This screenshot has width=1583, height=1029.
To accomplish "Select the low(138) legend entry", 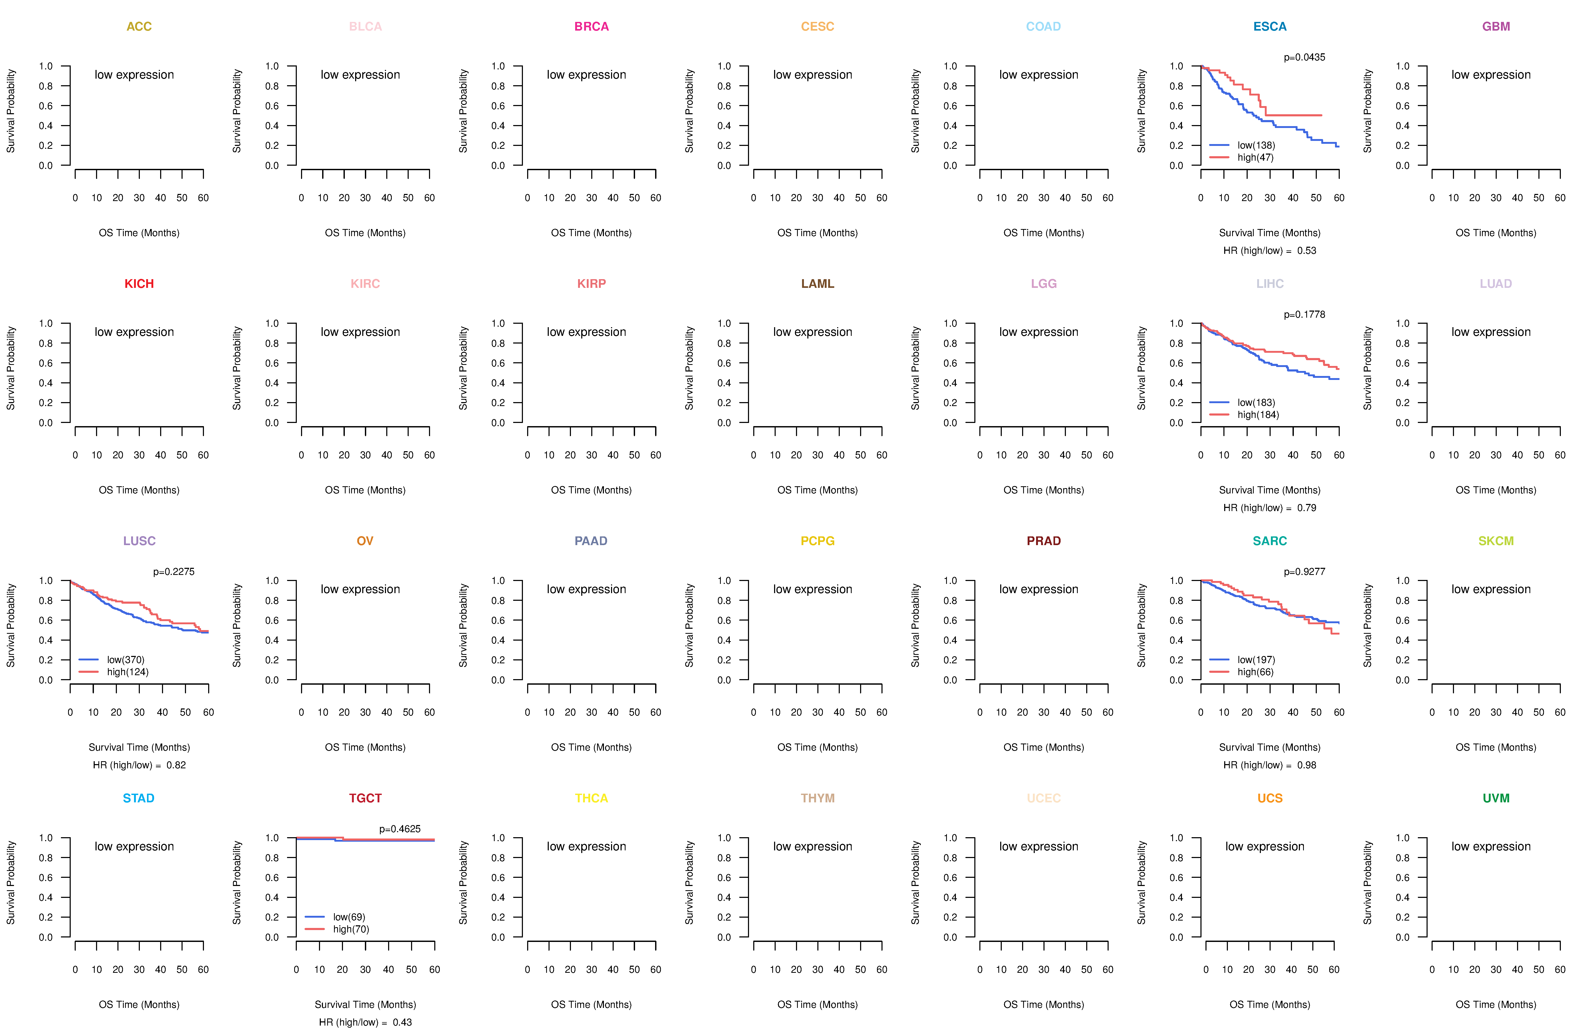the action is coord(1256,145).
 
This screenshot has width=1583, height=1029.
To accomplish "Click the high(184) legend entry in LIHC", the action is coord(1258,415).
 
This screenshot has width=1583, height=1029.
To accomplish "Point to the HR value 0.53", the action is coord(1306,251).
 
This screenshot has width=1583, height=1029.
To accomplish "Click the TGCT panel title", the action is coord(365,798).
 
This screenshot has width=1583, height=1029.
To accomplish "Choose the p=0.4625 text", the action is coord(400,829).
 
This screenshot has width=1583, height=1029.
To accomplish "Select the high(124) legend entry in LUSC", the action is coord(128,672).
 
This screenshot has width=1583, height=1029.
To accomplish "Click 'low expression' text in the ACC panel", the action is coord(134,74).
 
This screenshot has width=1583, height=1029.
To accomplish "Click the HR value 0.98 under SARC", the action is coord(1306,765).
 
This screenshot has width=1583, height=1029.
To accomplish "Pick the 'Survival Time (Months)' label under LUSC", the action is coord(139,747).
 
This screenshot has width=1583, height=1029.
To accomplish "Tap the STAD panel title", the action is coord(138,798).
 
